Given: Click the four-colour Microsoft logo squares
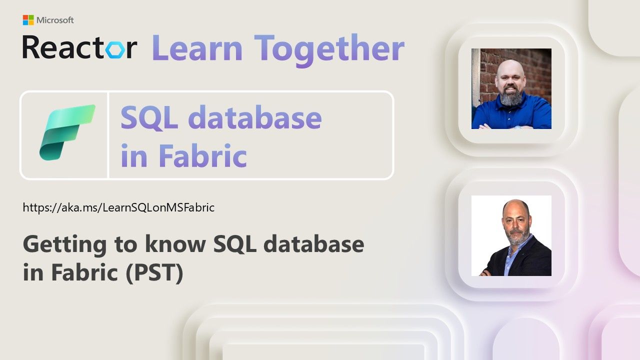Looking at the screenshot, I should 28,20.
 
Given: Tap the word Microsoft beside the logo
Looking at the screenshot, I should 55,20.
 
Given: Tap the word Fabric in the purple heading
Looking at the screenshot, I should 202,155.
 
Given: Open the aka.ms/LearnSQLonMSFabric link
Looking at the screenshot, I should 118,207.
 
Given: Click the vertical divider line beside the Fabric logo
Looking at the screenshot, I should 108,135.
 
